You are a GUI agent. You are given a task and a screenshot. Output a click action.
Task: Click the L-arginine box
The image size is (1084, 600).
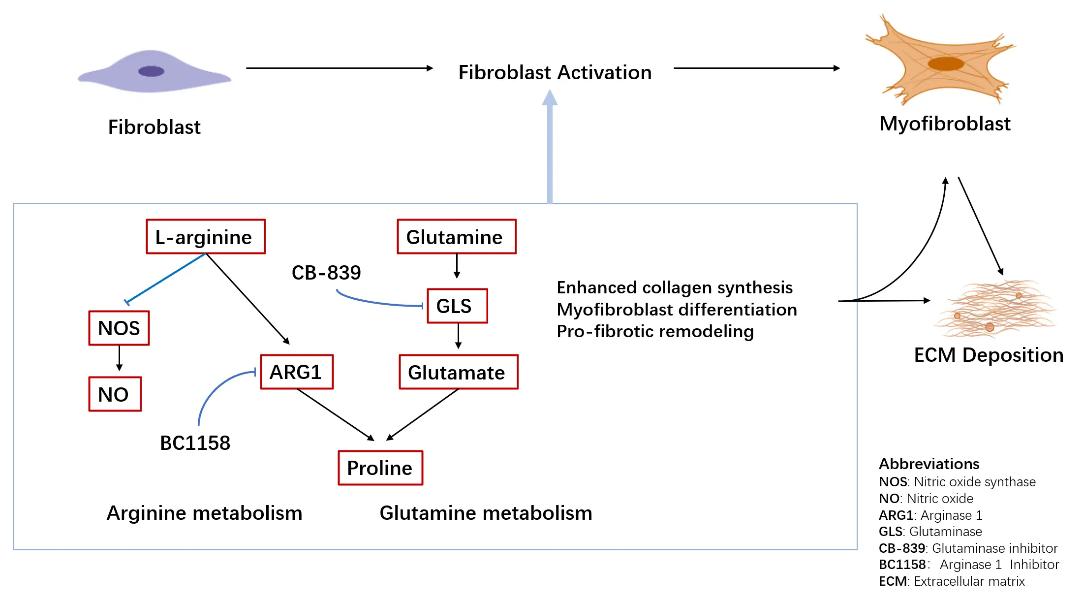pyautogui.click(x=206, y=237)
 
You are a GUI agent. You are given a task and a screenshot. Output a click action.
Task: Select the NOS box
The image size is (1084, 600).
pyautogui.click(x=119, y=328)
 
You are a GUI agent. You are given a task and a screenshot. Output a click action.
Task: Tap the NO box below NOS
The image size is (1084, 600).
pyautogui.click(x=115, y=394)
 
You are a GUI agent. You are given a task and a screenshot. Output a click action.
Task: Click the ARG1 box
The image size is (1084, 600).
pyautogui.click(x=297, y=372)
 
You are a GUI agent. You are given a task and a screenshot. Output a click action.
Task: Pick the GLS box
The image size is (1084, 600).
pyautogui.click(x=457, y=306)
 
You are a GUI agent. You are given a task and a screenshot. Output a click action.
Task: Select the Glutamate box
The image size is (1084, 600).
pyautogui.click(x=458, y=372)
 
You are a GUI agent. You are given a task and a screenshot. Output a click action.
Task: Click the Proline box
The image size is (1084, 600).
pyautogui.click(x=380, y=468)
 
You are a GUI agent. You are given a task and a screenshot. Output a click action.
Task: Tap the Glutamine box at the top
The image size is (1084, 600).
pyautogui.click(x=456, y=237)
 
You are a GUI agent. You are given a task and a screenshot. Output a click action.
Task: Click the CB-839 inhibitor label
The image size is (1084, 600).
pyautogui.click(x=326, y=273)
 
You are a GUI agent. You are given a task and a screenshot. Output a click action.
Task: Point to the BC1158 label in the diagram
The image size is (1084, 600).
pyautogui.click(x=195, y=443)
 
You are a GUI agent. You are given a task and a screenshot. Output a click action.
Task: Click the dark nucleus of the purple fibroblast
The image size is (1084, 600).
pyautogui.click(x=151, y=71)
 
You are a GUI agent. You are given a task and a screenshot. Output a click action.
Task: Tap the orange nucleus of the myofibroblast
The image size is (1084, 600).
pyautogui.click(x=945, y=63)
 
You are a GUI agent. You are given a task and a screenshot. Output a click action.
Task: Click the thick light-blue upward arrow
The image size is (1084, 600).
pyautogui.click(x=550, y=148)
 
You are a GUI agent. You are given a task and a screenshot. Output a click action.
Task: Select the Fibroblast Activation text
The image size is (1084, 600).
pyautogui.click(x=555, y=72)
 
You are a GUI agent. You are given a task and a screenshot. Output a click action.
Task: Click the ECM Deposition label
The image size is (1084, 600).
pyautogui.click(x=988, y=355)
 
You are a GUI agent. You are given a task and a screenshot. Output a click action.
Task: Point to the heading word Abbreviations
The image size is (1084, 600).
pyautogui.click(x=929, y=464)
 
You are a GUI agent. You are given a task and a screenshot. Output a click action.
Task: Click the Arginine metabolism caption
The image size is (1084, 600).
pyautogui.click(x=204, y=513)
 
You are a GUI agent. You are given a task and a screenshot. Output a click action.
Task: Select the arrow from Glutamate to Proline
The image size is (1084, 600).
pyautogui.click(x=424, y=414)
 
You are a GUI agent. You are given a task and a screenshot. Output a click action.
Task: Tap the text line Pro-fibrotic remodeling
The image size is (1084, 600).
pyautogui.click(x=655, y=331)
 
